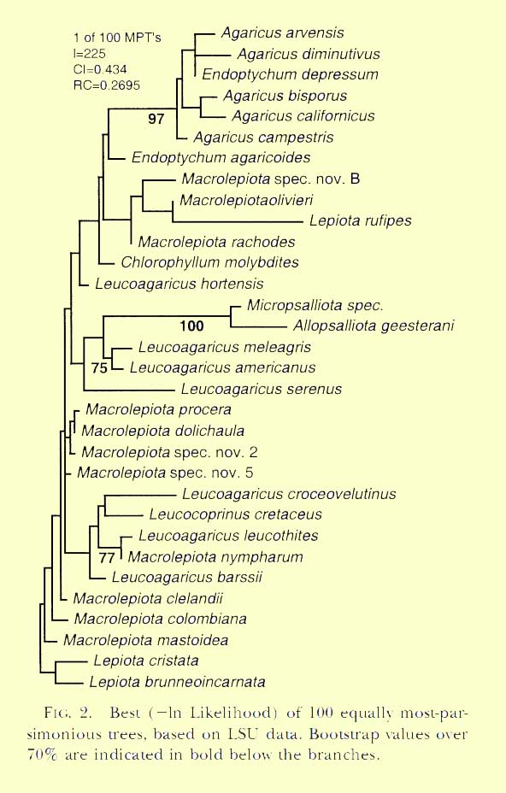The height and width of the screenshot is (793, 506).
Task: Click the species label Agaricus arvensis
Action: tap(282, 32)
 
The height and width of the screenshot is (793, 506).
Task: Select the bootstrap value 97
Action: tap(156, 119)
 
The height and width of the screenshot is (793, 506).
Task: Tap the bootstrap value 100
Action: tap(191, 326)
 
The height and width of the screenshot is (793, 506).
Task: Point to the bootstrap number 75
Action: tap(100, 367)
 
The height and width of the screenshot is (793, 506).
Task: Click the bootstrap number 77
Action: tap(107, 558)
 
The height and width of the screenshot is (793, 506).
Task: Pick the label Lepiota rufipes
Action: tap(361, 220)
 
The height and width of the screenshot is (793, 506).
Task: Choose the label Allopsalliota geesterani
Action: tap(374, 326)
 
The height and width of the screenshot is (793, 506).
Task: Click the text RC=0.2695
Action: tap(106, 85)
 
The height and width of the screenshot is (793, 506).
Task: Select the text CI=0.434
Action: tap(100, 69)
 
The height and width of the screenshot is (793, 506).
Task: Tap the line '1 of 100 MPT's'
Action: tap(117, 38)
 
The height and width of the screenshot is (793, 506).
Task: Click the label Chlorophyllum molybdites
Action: tap(209, 262)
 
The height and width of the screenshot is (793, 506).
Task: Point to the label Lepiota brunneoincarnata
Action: tap(177, 682)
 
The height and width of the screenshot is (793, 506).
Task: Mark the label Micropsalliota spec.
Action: tap(315, 305)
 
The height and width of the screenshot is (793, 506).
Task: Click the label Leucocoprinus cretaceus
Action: tap(235, 514)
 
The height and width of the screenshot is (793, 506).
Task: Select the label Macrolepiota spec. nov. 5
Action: tap(165, 473)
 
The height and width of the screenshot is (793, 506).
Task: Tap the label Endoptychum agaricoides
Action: tap(221, 158)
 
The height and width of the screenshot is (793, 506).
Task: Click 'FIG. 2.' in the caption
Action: tap(68, 713)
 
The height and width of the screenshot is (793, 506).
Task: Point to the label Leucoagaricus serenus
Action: tap(261, 389)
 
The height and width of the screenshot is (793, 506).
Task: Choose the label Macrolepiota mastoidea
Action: tap(145, 640)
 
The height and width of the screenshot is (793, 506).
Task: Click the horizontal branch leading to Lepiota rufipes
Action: tap(238, 221)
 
